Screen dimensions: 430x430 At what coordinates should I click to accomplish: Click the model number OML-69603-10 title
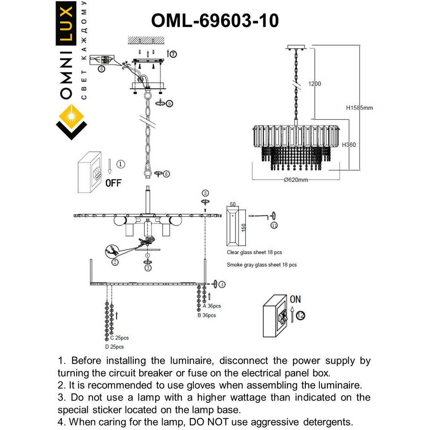click(215, 20)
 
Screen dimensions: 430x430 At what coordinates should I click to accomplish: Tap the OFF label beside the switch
click(114, 183)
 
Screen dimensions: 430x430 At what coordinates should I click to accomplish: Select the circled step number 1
click(121, 164)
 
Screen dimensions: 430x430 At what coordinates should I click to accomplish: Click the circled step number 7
click(172, 54)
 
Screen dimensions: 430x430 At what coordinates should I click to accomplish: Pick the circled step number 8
click(101, 68)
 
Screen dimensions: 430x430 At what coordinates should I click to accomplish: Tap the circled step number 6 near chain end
click(166, 174)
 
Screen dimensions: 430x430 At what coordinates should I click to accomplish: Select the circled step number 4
click(221, 284)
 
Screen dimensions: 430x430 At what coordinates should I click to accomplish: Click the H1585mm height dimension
click(359, 108)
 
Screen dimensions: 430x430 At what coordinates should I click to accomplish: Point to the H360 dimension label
click(349, 145)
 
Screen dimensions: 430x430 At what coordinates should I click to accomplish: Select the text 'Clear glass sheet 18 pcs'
click(254, 253)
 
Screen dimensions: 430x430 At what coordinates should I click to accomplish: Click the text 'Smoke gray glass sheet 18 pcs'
click(261, 265)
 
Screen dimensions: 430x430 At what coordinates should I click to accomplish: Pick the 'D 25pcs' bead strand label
click(114, 347)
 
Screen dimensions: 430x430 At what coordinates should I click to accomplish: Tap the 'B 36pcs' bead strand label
click(206, 315)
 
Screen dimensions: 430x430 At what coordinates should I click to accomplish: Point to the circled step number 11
click(274, 225)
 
